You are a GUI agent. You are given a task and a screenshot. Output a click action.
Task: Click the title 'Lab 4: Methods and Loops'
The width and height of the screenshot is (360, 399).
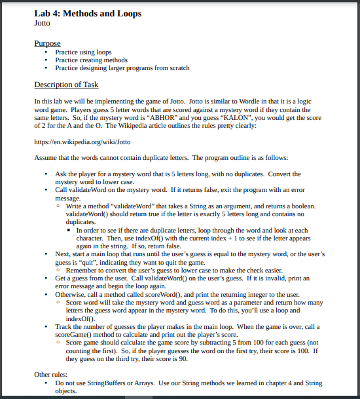[x=87, y=13]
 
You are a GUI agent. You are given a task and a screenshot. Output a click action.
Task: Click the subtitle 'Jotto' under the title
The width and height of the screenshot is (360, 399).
[x=42, y=23]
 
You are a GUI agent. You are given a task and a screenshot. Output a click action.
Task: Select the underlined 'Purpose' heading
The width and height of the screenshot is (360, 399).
[x=47, y=43]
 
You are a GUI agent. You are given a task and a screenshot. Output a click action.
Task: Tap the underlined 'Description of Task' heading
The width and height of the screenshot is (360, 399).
[x=66, y=85]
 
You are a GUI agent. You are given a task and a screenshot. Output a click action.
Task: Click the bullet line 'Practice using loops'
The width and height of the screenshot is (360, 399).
[x=83, y=52]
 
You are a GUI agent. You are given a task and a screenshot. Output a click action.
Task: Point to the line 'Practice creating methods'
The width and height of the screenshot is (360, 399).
[x=91, y=60]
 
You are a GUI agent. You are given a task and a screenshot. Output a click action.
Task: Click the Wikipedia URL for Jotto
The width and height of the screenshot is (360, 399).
[x=82, y=141]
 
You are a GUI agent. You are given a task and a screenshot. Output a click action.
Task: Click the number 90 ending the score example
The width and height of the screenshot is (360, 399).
[x=183, y=358]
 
